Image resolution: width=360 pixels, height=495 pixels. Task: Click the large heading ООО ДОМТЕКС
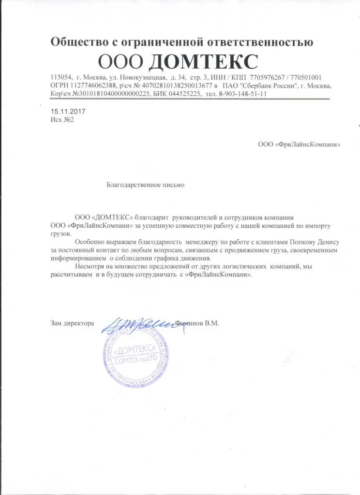[x=178, y=62]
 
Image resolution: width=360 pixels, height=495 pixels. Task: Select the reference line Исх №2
[x=62, y=119]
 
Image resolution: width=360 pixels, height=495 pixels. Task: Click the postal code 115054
[x=61, y=77]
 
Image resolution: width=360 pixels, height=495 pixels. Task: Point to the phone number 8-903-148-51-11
[x=243, y=94]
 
